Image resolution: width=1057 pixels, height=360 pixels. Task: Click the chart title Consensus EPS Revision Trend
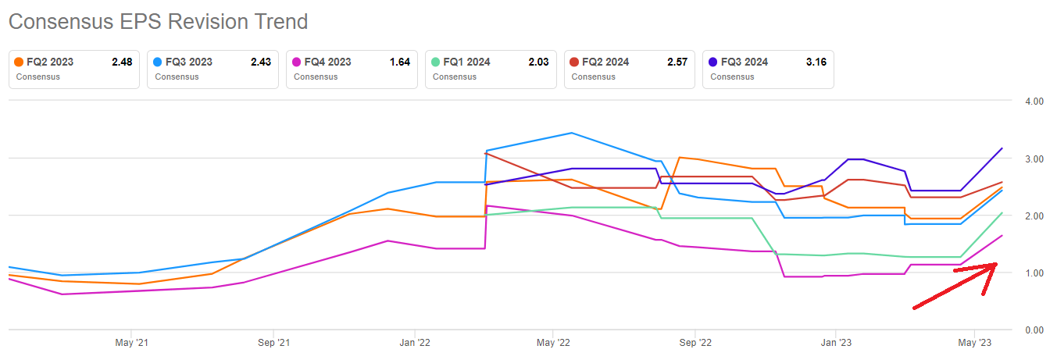158,21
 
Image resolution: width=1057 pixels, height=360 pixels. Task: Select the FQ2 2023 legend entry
74,69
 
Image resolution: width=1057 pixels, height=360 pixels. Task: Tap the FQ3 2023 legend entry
213,69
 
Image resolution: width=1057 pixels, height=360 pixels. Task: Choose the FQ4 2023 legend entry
352,69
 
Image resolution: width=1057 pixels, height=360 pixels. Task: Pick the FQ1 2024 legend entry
491,69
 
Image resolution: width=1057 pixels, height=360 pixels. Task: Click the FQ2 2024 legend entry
630,69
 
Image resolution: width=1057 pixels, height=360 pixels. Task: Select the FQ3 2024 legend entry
768,69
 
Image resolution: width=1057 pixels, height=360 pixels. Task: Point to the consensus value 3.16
815,62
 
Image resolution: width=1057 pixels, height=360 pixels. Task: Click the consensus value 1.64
399,62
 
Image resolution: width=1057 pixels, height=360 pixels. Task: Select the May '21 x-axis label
132,342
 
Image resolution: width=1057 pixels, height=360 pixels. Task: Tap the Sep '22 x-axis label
695,342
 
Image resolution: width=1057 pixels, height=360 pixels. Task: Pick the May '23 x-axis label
974,342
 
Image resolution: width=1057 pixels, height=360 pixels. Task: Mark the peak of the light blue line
571,133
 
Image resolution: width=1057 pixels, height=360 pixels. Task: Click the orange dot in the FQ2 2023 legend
19,62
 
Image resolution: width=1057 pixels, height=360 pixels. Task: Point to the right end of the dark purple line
1002,148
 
